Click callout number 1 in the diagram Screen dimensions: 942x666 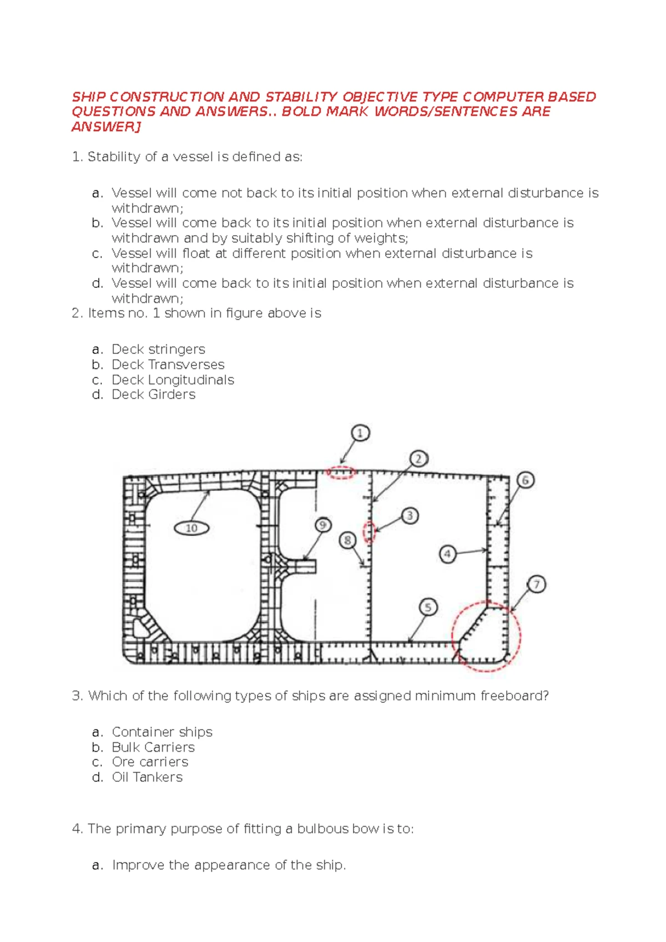(x=360, y=433)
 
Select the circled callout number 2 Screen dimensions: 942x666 (x=418, y=459)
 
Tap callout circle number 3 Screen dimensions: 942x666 (x=410, y=516)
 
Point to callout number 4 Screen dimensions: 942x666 (x=447, y=554)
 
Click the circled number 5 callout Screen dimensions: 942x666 (x=428, y=607)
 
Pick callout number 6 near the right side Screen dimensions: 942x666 (x=525, y=480)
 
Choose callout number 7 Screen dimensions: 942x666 (x=536, y=584)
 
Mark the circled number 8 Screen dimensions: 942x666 (x=347, y=540)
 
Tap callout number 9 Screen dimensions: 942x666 (x=323, y=525)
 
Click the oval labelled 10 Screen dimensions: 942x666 (x=191, y=528)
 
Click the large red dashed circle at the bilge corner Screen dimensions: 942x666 (x=487, y=636)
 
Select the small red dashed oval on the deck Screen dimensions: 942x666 (x=340, y=473)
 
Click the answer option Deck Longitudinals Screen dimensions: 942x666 (x=173, y=380)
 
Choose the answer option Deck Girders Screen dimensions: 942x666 (x=154, y=394)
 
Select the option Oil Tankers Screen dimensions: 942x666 (x=147, y=777)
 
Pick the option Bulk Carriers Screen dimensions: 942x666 (x=153, y=747)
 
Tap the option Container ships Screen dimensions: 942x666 (x=162, y=732)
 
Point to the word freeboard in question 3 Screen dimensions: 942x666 (x=514, y=696)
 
